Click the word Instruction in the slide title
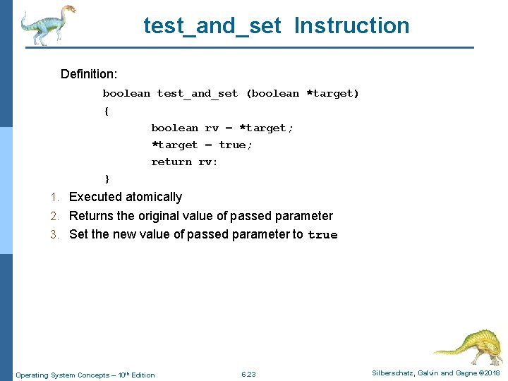point(351,25)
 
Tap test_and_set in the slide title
point(212,25)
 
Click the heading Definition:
point(89,74)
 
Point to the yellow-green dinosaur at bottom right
point(467,346)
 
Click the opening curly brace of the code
point(106,111)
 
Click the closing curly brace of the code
point(107,179)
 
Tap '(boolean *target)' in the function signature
point(302,93)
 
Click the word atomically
point(152,197)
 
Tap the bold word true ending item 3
point(322,235)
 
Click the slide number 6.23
point(248,374)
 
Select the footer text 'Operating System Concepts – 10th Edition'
point(85,375)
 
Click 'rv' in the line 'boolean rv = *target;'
point(212,128)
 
